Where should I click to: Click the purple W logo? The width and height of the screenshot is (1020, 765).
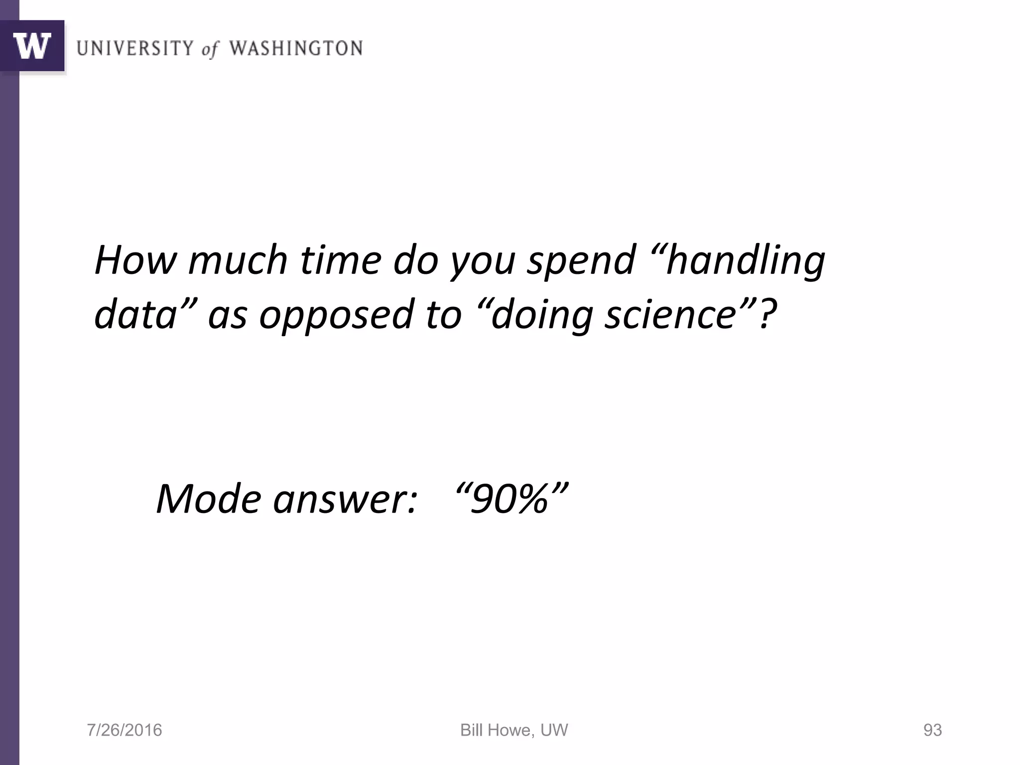[32, 46]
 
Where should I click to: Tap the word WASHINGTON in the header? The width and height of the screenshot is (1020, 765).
[296, 48]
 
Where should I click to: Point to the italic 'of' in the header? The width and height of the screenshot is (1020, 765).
[210, 49]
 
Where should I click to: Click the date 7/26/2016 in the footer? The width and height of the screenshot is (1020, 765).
[125, 730]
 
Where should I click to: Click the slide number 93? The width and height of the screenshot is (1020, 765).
[932, 730]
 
